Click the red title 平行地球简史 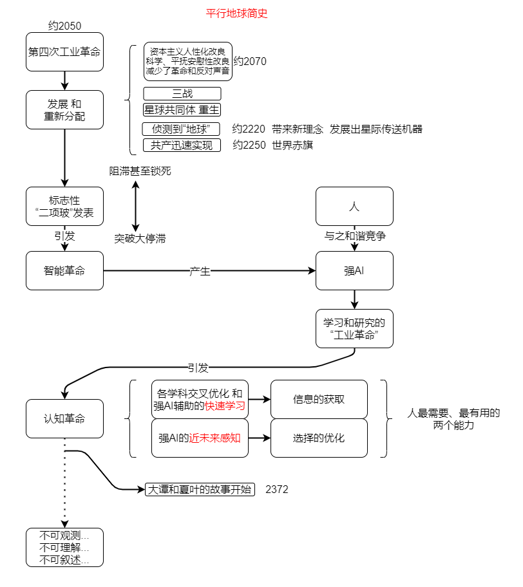point(236,14)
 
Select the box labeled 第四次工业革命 point(64,51)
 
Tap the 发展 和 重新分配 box point(64,109)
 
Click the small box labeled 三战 point(182,93)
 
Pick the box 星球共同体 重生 point(182,109)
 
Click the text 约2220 point(249,129)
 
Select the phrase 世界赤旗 point(292,145)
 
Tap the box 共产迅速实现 point(182,145)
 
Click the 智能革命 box point(64,270)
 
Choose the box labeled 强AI point(354,270)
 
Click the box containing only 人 point(354,206)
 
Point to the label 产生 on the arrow point(200,271)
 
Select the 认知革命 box point(64,418)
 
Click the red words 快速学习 point(225,406)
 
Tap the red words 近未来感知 point(214,438)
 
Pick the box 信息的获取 point(319,399)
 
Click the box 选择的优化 point(319,438)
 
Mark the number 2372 point(277,490)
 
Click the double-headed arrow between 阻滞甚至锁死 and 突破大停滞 point(136,206)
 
